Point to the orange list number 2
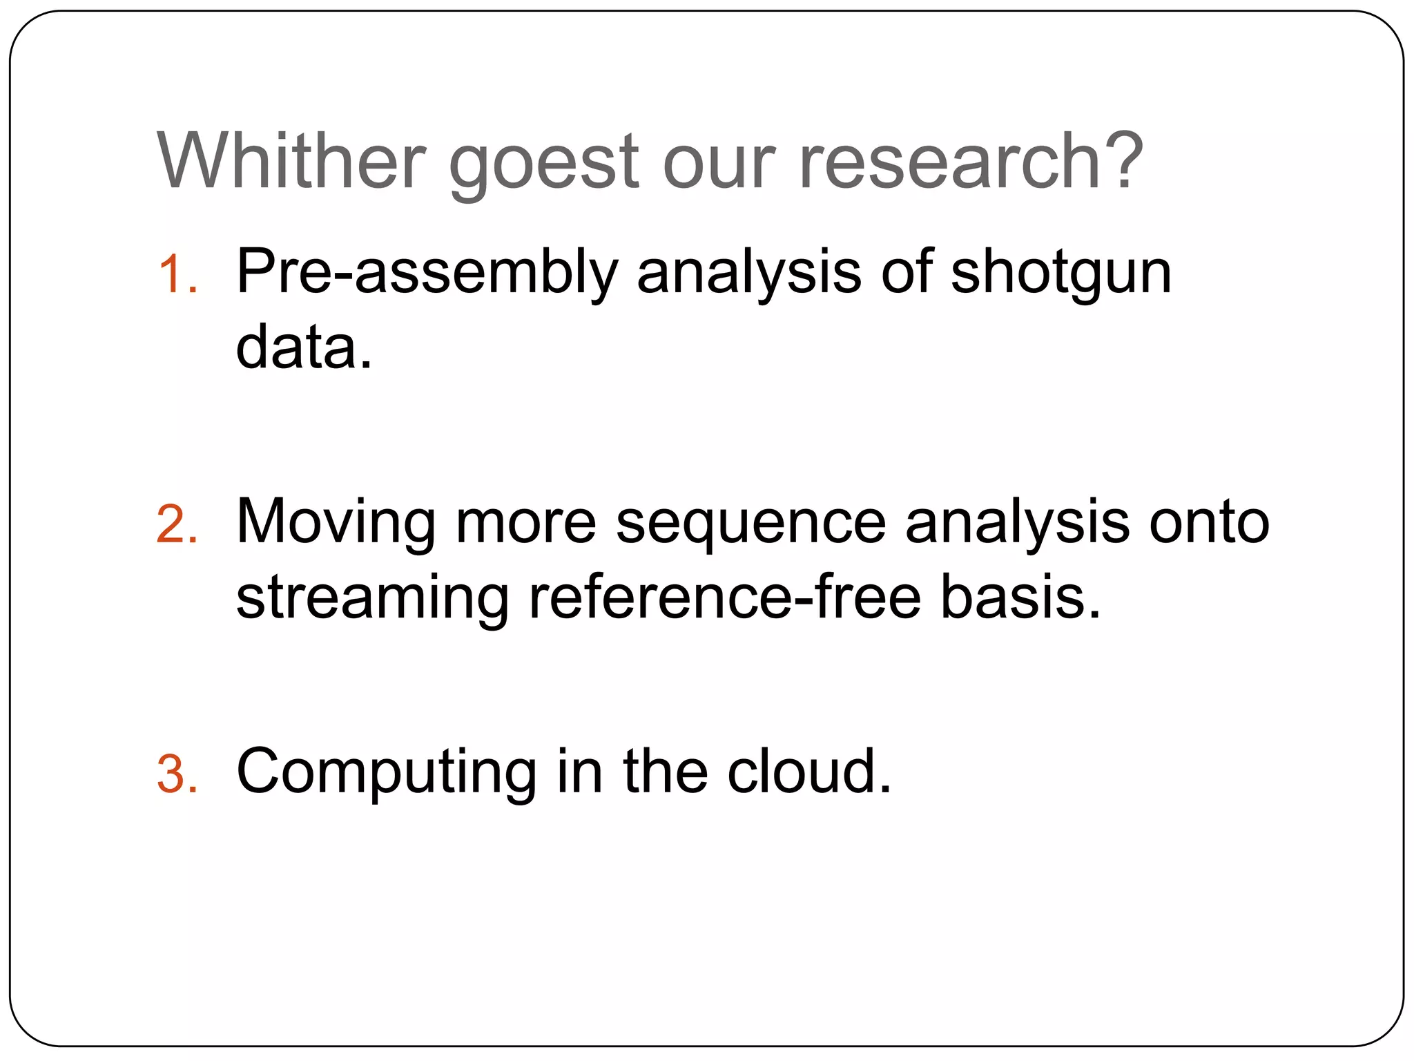pos(176,524)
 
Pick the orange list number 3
pos(176,774)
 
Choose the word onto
pos(1208,523)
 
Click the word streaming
pos(372,600)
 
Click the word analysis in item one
pos(748,276)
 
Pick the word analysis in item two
pos(1018,524)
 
